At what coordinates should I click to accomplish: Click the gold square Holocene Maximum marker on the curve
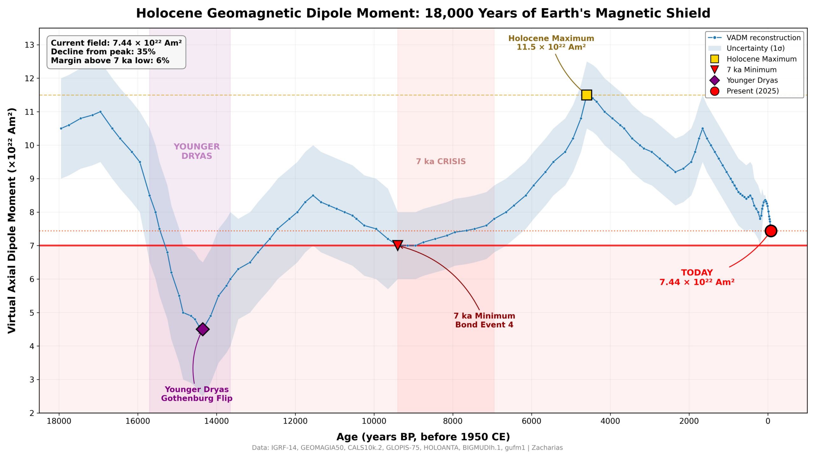pyautogui.click(x=586, y=95)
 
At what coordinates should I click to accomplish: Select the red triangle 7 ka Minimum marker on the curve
pyautogui.click(x=398, y=245)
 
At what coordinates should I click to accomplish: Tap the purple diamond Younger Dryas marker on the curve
pyautogui.click(x=202, y=329)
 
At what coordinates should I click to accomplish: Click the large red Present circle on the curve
pyautogui.click(x=771, y=231)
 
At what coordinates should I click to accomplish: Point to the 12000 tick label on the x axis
pyautogui.click(x=295, y=421)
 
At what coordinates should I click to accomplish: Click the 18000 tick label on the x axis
pyautogui.click(x=59, y=421)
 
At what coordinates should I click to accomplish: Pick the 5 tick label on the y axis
pyautogui.click(x=32, y=313)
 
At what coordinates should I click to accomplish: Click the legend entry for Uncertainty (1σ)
pyautogui.click(x=746, y=48)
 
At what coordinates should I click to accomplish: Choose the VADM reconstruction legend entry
pyautogui.click(x=754, y=38)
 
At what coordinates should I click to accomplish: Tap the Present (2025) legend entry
pyautogui.click(x=745, y=91)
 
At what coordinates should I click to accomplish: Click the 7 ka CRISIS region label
pyautogui.click(x=441, y=161)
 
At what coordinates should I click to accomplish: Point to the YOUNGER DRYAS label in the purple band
pyautogui.click(x=197, y=151)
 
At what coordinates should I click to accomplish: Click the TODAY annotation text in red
pyautogui.click(x=697, y=273)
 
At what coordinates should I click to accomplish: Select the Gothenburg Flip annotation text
pyautogui.click(x=197, y=398)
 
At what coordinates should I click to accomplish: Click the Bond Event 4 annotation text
pyautogui.click(x=484, y=325)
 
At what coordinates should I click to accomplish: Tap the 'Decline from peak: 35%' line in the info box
pyautogui.click(x=103, y=52)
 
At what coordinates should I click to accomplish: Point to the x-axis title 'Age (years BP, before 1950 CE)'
pyautogui.click(x=423, y=437)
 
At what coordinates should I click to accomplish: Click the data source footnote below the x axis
pyautogui.click(x=407, y=448)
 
